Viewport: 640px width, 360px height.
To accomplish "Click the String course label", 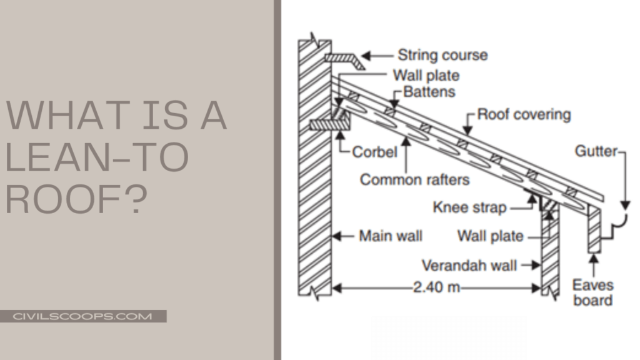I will click(442, 55).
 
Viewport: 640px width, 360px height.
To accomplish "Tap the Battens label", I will click(429, 92).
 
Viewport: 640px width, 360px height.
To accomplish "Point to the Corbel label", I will click(374, 152).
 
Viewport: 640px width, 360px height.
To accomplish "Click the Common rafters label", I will click(414, 180).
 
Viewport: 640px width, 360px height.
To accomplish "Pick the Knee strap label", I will click(469, 207).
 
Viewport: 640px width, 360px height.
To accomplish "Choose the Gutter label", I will click(596, 151).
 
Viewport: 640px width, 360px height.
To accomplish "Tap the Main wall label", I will click(391, 236).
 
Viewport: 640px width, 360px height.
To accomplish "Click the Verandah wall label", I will click(469, 265).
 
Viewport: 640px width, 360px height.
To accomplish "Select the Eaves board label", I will click(592, 292).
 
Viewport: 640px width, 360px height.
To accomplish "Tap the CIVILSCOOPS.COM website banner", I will click(82, 316).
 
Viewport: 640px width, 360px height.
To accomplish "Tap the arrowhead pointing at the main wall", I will click(337, 237).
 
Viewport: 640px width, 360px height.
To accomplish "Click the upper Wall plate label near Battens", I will click(426, 76).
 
